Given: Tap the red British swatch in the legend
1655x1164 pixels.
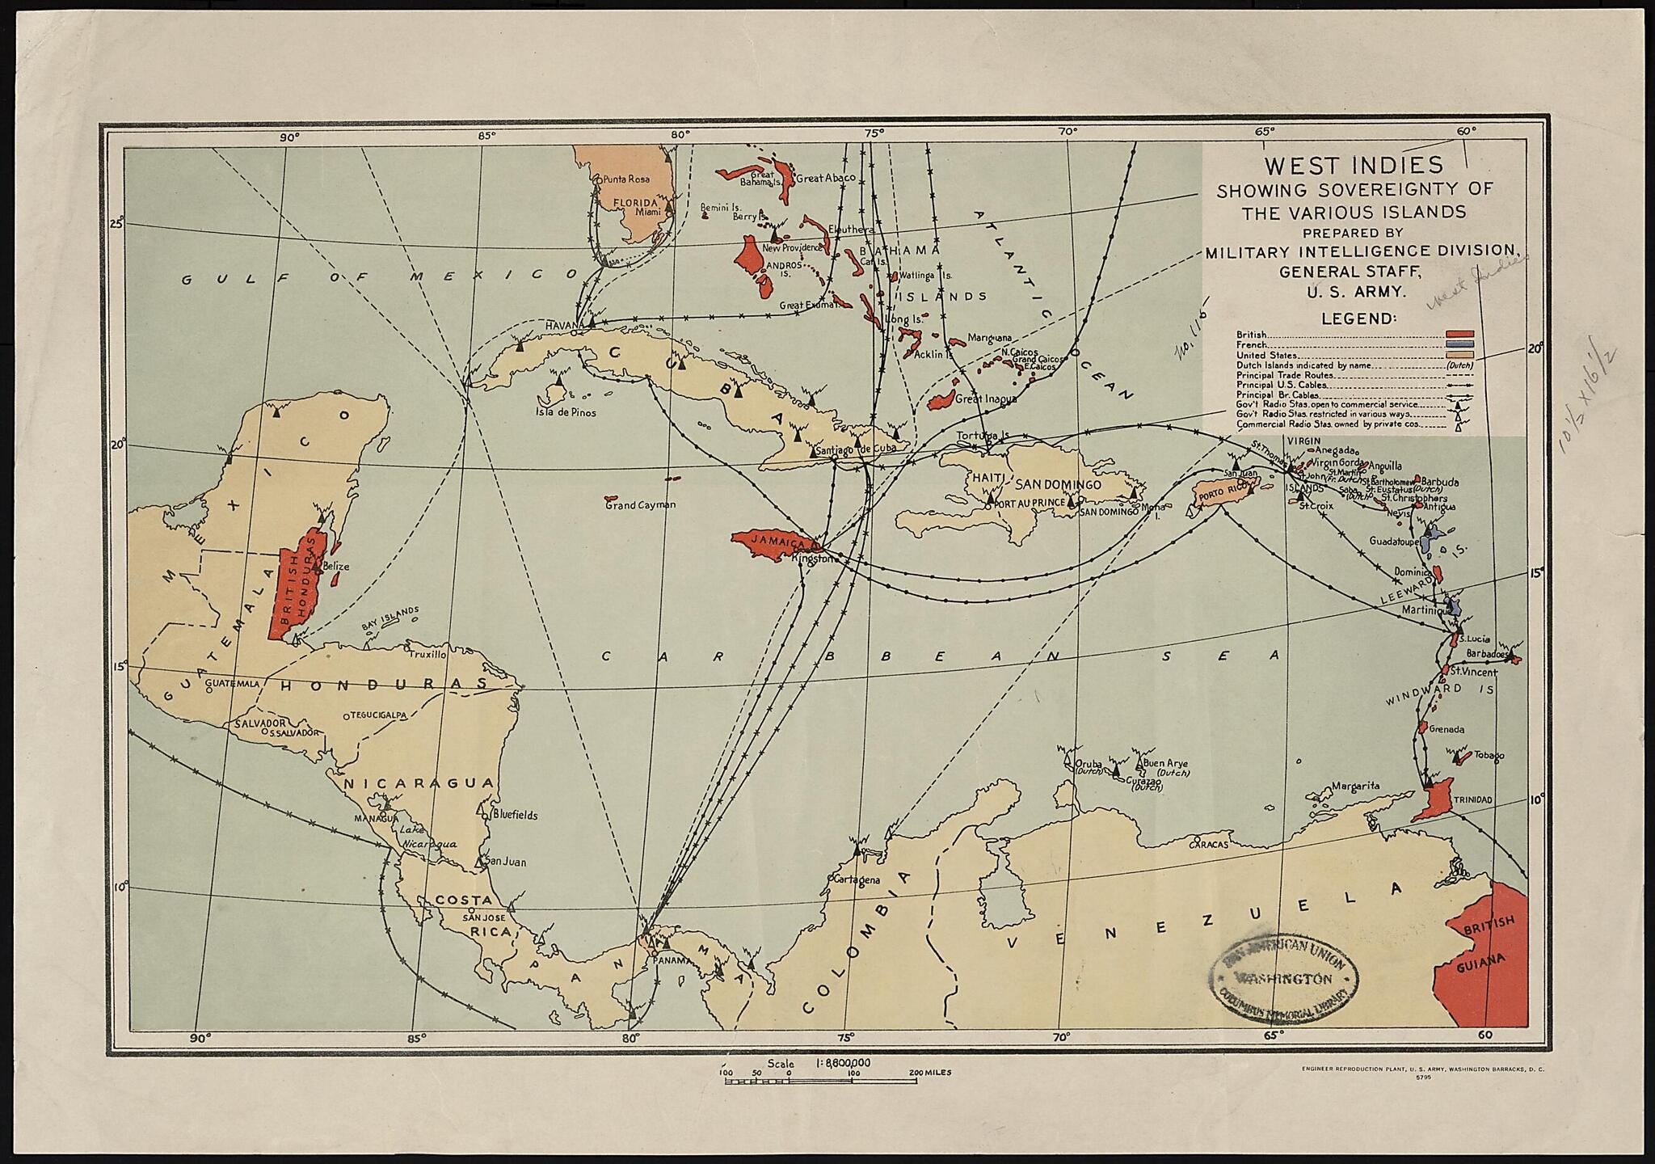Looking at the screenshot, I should point(1460,334).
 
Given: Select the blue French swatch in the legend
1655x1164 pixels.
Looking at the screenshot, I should point(1460,344).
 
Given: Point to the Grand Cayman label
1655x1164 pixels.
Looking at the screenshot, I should point(640,505).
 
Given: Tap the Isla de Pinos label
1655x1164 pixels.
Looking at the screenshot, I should point(565,412).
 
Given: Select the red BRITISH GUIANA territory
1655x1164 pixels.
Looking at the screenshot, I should point(1487,962).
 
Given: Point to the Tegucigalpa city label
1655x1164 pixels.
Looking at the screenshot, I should point(377,715).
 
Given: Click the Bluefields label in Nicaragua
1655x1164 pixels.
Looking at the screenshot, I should point(515,815).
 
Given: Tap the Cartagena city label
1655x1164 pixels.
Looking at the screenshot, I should point(856,880).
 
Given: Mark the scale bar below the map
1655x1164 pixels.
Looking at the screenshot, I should point(820,1080).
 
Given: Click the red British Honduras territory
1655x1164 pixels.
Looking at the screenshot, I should point(295,586).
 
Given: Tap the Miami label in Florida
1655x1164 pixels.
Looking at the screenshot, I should point(648,212).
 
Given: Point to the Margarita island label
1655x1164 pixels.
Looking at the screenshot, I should point(1355,786).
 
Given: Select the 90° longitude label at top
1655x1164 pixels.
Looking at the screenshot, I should point(289,137).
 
